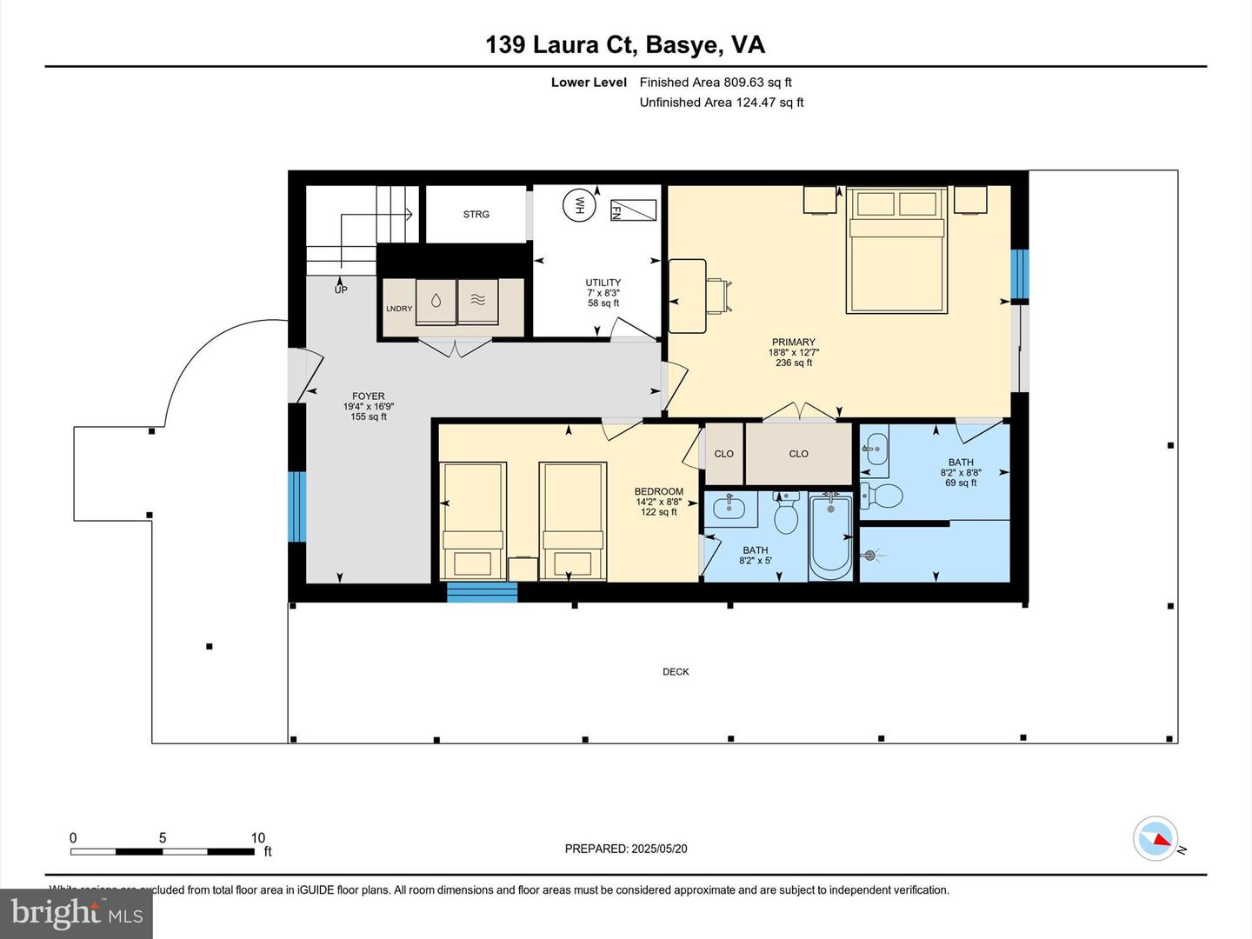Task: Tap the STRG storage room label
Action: point(476,214)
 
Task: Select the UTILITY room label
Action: point(603,283)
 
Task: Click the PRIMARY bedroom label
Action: point(793,343)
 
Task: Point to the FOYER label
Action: point(369,396)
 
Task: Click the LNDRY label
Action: point(399,309)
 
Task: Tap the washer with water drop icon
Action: point(435,301)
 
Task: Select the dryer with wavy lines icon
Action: point(477,301)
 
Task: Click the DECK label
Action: point(676,672)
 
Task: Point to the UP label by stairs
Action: point(341,290)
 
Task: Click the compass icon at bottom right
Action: point(1155,839)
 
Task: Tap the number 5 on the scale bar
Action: point(163,838)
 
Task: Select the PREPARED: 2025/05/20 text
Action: point(626,849)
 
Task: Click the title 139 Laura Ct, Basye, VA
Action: point(625,44)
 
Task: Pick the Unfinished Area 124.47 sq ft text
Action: point(721,103)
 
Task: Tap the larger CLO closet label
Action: point(798,454)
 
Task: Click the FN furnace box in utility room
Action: point(633,210)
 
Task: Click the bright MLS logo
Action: point(77,913)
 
